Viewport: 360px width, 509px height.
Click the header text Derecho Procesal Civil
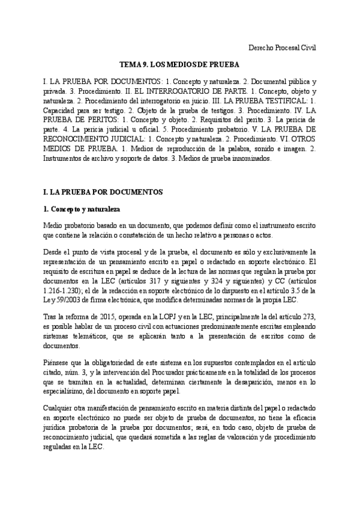(281, 47)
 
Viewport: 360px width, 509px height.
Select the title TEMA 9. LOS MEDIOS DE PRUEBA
(179, 64)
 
